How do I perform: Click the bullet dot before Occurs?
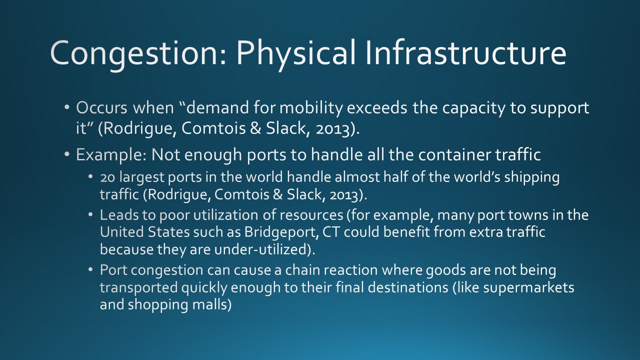click(x=67, y=107)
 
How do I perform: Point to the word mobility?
click(x=311, y=108)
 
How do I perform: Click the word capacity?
click(x=473, y=109)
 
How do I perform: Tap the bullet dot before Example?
click(x=67, y=154)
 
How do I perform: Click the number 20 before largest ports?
click(x=107, y=177)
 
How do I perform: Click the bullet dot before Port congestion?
click(x=90, y=269)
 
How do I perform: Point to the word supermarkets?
click(x=528, y=287)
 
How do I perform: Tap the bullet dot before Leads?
click(x=90, y=214)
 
